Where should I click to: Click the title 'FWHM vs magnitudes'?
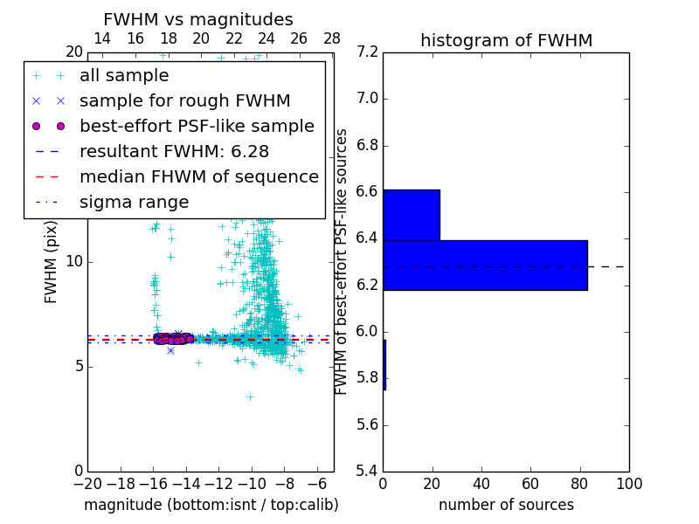(x=198, y=20)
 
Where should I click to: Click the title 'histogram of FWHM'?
(x=506, y=40)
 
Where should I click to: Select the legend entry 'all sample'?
(x=124, y=76)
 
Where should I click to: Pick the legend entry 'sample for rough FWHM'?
(x=184, y=100)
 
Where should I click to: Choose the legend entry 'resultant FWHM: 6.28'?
(x=180, y=151)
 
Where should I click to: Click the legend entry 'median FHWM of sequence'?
(x=198, y=176)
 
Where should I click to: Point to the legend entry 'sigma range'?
(x=134, y=202)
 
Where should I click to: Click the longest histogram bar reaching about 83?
(x=485, y=265)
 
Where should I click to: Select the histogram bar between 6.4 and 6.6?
(x=411, y=215)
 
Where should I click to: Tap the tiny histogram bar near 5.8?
(x=384, y=364)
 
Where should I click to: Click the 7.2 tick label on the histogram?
(x=367, y=52)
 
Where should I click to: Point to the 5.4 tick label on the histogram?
(x=367, y=472)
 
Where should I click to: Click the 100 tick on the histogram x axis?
(x=628, y=485)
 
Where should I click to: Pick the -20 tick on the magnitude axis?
(x=87, y=485)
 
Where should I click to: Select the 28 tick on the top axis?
(x=332, y=38)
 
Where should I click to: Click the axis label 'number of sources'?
(x=506, y=505)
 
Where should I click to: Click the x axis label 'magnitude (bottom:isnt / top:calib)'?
(x=211, y=505)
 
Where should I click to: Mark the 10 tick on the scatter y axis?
(x=74, y=261)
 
